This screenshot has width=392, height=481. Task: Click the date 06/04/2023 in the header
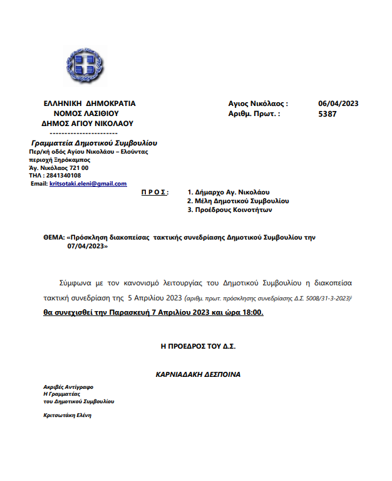338,103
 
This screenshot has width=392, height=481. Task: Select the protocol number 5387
328,114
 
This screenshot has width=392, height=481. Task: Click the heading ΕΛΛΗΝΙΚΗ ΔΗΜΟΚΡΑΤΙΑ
90,103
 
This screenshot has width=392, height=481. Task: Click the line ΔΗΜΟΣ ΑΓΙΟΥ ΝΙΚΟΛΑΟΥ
88,124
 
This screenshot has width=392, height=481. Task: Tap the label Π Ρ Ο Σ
155,192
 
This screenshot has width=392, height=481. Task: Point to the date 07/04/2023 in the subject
88,247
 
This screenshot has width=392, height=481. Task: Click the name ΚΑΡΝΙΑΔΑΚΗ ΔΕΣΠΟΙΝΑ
198,374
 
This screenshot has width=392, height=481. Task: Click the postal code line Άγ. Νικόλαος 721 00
59,167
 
